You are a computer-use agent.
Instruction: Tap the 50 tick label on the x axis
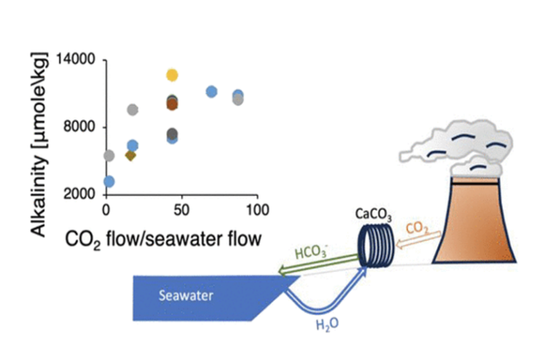click(x=182, y=210)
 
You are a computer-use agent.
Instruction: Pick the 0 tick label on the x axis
click(x=106, y=210)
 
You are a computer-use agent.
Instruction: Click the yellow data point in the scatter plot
click(x=171, y=74)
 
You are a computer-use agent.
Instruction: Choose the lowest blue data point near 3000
click(x=108, y=181)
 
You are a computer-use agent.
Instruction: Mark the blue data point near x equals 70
click(x=211, y=91)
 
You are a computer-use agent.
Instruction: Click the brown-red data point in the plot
click(x=171, y=104)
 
